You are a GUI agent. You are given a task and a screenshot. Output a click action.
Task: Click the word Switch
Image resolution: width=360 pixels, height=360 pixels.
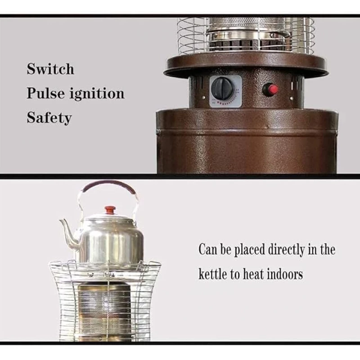point(50,69)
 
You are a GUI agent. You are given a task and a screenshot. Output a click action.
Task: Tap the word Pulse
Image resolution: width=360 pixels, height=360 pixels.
point(46,93)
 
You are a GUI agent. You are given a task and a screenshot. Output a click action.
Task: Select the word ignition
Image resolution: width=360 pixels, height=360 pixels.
point(97,94)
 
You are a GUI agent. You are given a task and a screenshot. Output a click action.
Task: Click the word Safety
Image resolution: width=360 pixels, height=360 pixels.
point(49,118)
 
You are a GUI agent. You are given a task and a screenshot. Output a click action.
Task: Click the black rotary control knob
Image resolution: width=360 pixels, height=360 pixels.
point(222,89)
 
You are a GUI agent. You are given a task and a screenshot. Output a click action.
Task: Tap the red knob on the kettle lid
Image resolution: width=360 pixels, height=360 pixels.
point(110,210)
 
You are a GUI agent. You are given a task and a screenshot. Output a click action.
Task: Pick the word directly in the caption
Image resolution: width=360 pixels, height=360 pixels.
point(286,250)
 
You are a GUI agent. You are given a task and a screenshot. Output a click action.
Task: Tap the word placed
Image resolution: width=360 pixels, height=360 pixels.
point(250,250)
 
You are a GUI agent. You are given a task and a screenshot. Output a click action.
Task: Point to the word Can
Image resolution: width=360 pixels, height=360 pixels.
point(208,249)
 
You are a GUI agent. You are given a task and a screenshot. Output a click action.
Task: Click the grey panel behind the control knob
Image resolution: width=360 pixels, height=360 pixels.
point(225,91)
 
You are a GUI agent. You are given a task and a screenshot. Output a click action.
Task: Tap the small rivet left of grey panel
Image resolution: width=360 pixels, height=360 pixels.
point(204,98)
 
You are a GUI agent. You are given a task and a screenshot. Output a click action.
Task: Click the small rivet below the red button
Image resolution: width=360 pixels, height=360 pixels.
point(292,99)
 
